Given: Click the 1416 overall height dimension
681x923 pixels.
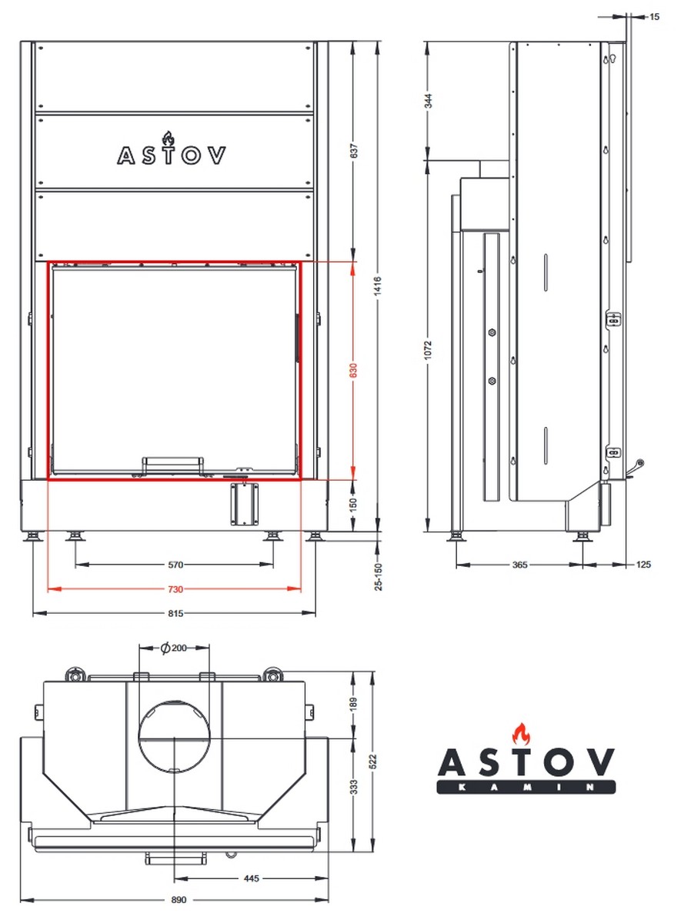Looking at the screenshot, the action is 379,286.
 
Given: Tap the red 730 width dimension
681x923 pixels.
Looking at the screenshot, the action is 175,589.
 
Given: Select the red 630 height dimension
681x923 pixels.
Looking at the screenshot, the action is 353,371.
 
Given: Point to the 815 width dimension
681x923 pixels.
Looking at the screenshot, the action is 175,614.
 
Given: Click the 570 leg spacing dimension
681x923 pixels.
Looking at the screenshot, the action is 175,565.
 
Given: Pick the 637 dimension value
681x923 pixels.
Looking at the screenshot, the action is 353,152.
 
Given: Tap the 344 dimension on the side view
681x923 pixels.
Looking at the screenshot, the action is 429,101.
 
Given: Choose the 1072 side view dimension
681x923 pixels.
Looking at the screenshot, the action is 429,349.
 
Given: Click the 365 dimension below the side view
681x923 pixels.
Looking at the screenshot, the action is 519,565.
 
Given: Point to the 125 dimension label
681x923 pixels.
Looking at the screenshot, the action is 643,565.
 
